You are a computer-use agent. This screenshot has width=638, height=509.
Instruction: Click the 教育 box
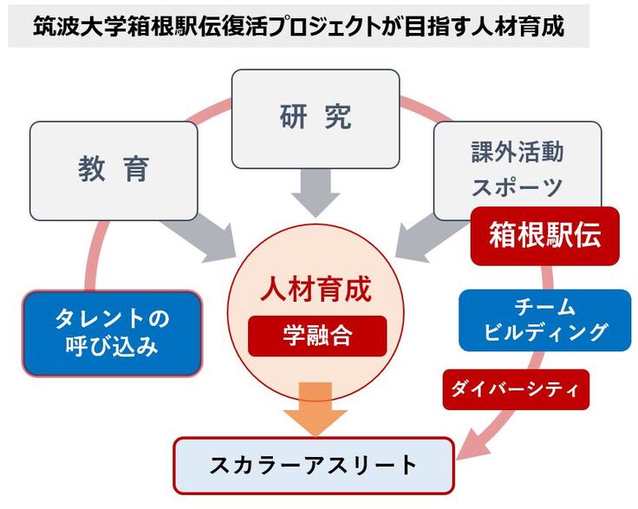click(x=114, y=170)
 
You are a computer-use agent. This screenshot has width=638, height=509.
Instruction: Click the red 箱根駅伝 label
click(x=544, y=235)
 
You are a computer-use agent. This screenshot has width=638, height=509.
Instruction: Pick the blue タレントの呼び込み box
click(x=112, y=333)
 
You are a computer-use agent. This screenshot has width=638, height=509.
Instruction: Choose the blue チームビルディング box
click(x=544, y=319)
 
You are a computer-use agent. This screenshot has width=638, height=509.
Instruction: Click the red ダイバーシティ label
click(x=516, y=389)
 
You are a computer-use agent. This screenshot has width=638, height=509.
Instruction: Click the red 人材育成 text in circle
click(x=316, y=289)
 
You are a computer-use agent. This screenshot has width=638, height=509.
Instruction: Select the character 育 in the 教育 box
click(x=137, y=170)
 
